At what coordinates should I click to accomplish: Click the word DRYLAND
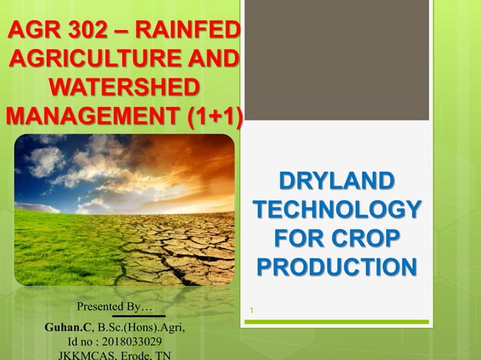tap(336, 182)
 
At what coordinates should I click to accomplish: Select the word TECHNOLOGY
tap(336, 210)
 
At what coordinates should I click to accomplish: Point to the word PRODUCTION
tap(336, 267)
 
